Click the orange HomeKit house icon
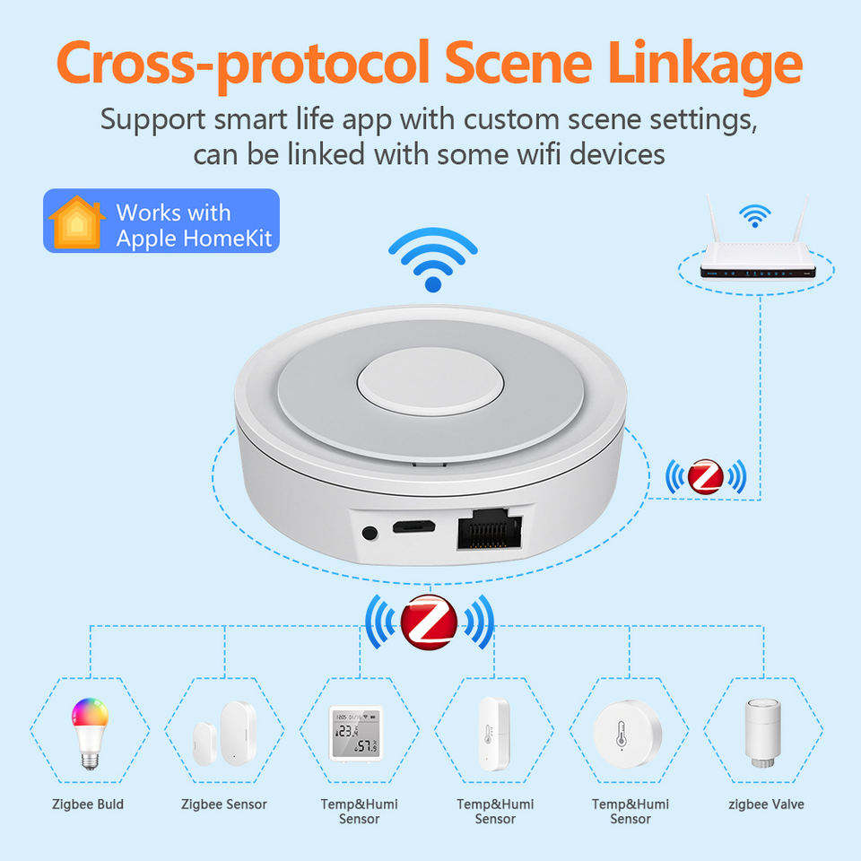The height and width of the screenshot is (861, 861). coord(76,222)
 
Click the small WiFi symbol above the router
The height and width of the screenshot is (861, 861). coord(754,215)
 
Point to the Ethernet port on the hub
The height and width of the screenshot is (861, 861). coord(490,529)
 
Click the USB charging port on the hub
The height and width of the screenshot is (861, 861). coord(413,527)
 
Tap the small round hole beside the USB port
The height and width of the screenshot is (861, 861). coord(370,532)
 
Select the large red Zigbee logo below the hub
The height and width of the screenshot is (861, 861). coord(429,622)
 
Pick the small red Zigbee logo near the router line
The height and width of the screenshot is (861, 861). coord(706,476)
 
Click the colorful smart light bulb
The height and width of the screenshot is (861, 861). coord(90,733)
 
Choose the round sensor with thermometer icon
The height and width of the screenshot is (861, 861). coord(628,735)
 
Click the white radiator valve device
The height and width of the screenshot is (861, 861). coord(762,733)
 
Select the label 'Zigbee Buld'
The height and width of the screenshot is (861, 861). coord(88,805)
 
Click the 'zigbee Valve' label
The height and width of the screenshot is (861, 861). coord(766,805)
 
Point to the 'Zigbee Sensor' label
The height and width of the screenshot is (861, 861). coord(224,805)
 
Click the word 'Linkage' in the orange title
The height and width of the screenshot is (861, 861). coord(705,65)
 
